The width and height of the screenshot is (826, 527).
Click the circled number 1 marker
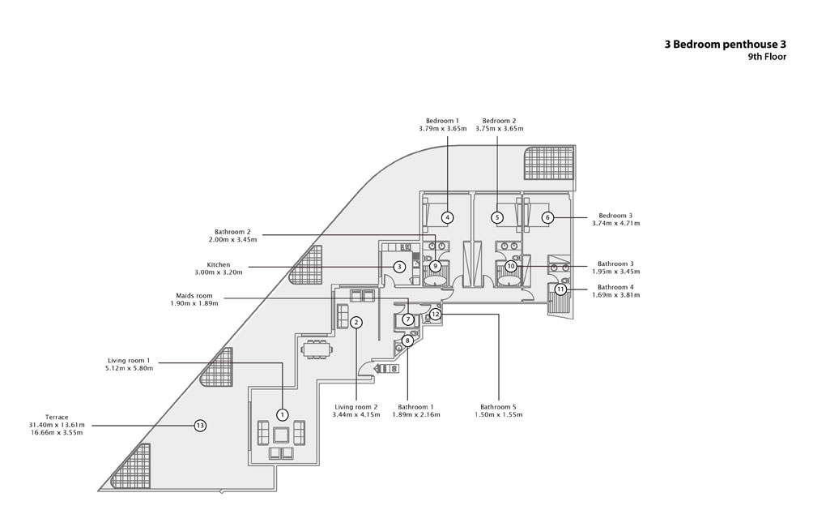[x=282, y=414]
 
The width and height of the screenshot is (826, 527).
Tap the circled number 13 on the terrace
[x=201, y=425]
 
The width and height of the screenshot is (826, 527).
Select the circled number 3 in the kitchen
[x=399, y=266]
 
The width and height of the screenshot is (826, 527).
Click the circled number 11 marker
[x=560, y=289]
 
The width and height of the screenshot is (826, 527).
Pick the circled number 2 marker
[x=356, y=322]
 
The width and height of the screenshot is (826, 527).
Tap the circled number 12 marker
[x=435, y=313]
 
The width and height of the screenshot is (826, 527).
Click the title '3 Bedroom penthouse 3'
[x=725, y=44]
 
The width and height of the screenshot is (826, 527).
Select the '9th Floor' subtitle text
[x=767, y=57]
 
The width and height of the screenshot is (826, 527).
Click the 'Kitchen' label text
[x=219, y=264]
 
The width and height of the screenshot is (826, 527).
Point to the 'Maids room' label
[x=194, y=296]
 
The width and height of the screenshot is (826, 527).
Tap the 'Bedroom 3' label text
[x=615, y=215]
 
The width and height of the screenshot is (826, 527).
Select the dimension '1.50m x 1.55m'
[x=499, y=414]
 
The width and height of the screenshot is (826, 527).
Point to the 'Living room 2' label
[x=356, y=406]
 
